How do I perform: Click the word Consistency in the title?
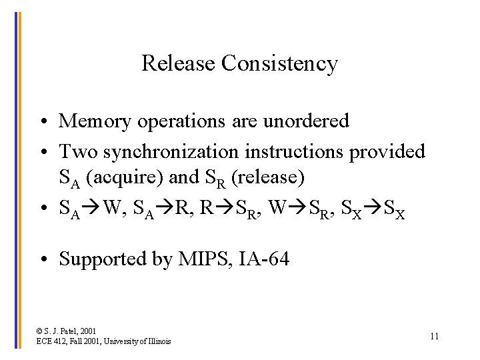[279, 64]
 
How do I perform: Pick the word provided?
[387, 152]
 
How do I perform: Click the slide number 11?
[434, 336]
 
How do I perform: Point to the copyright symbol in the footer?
[40, 331]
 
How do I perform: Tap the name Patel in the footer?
[75, 331]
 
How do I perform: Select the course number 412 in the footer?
[59, 341]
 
